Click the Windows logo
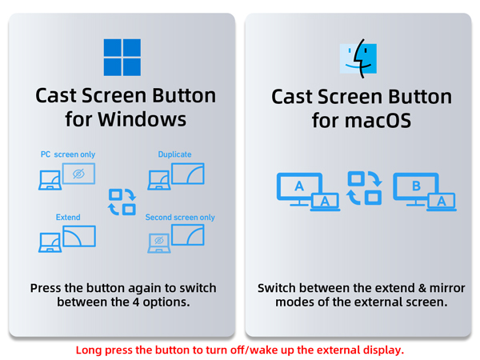tap(122, 57)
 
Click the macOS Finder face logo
tap(359, 57)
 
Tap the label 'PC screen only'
tap(68, 154)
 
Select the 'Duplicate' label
tap(174, 154)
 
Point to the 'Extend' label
tap(68, 217)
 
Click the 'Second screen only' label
tap(180, 217)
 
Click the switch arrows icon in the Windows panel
tap(122, 202)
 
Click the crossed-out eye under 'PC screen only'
tap(78, 174)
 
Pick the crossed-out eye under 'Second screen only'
tap(158, 240)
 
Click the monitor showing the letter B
tap(416, 187)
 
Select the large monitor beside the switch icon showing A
tap(299, 187)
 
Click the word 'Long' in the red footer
tap(90, 350)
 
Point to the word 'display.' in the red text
tap(382, 350)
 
